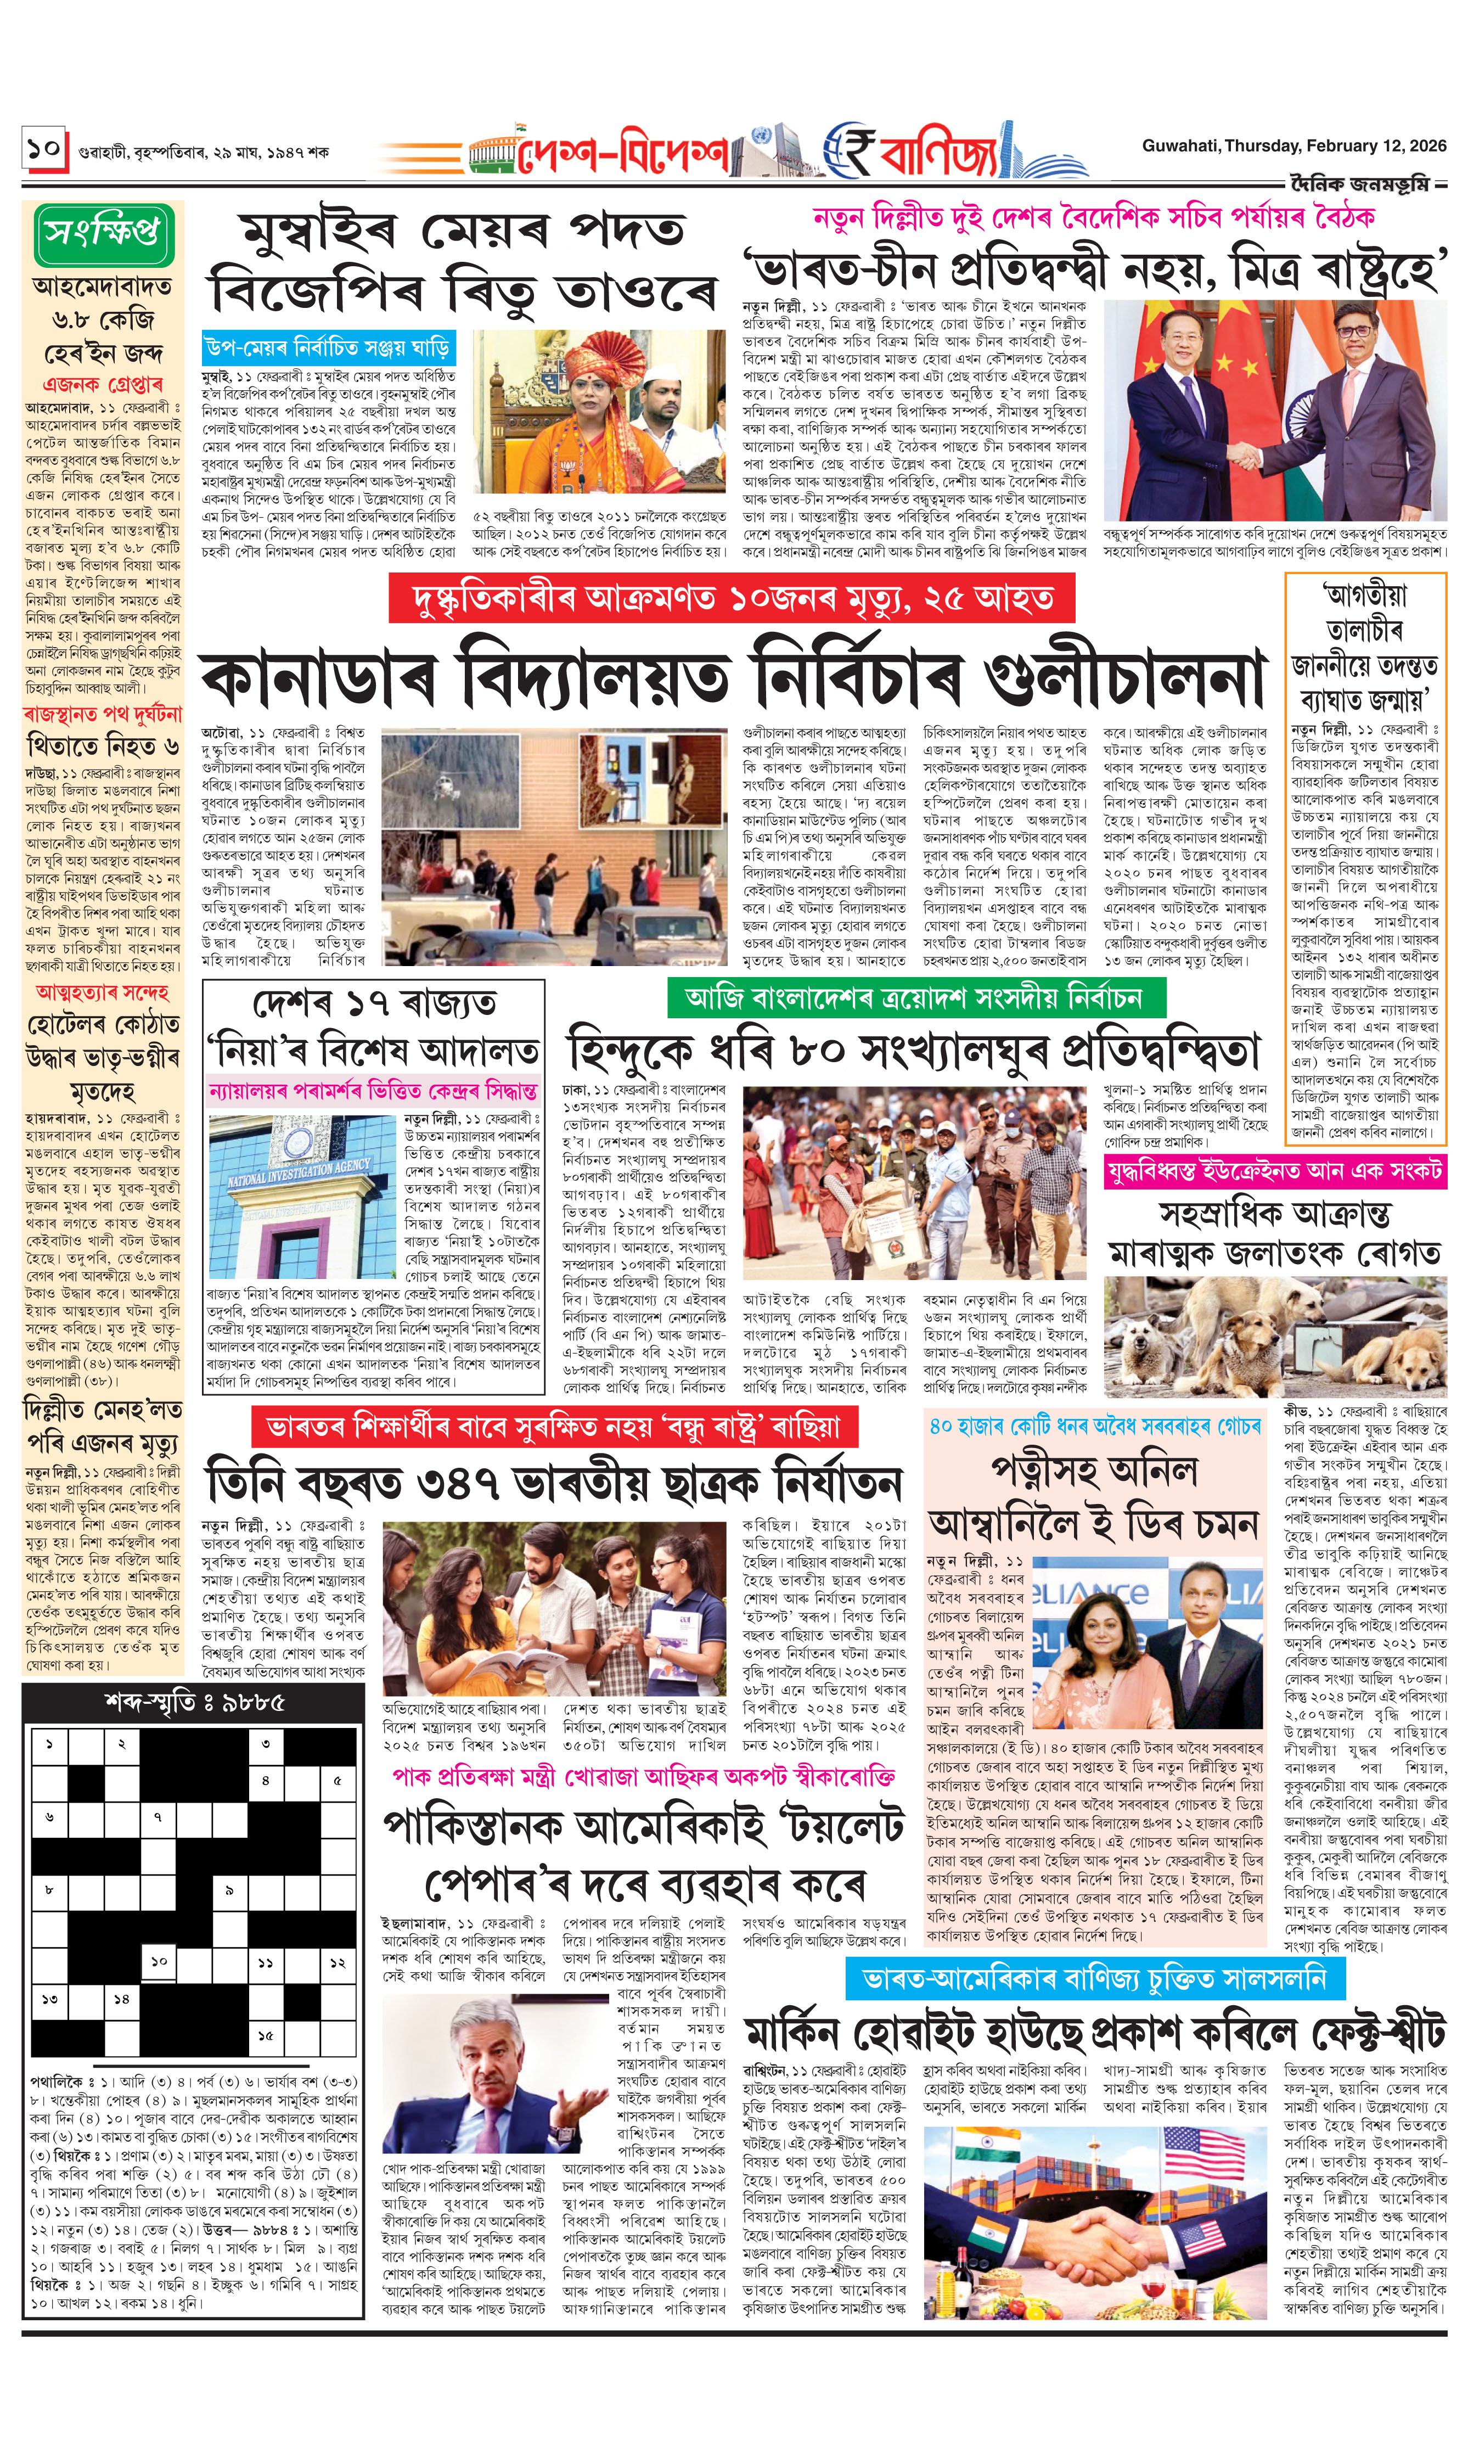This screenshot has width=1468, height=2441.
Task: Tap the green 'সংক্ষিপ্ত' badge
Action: [x=102, y=233]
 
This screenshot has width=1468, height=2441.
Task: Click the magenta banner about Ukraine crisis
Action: [x=1275, y=1170]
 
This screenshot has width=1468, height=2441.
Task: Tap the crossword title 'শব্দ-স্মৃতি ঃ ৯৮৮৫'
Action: [x=194, y=1702]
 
